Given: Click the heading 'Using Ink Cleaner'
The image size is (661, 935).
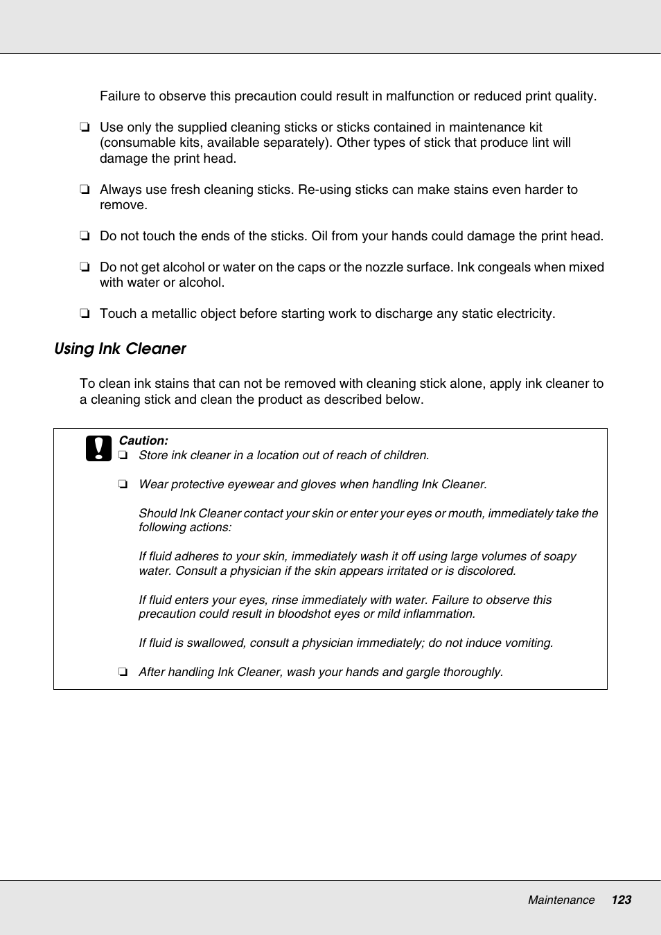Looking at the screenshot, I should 120,349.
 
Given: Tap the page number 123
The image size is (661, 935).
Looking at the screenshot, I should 621,900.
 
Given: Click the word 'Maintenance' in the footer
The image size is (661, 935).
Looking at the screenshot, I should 561,900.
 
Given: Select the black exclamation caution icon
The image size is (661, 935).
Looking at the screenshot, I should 98,449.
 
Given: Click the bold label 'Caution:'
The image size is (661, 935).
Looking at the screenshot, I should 143,440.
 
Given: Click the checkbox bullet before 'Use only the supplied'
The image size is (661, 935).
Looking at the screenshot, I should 84,127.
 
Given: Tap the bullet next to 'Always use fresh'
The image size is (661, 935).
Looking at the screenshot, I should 84,190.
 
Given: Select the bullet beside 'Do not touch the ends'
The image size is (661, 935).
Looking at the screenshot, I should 84,236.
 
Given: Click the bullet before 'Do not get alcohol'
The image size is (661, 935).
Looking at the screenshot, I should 84,267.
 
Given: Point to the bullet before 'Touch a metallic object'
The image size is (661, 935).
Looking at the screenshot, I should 84,314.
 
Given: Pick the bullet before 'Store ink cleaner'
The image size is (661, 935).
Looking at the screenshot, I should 123,456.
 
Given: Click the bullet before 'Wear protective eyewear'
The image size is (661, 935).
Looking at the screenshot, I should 123,485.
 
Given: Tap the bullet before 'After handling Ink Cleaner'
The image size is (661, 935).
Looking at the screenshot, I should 123,672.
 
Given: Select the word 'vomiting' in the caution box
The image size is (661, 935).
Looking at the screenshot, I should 529,643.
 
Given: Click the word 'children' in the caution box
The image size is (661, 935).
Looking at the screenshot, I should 404,456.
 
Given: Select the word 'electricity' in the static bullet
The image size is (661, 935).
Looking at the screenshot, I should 523,314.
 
